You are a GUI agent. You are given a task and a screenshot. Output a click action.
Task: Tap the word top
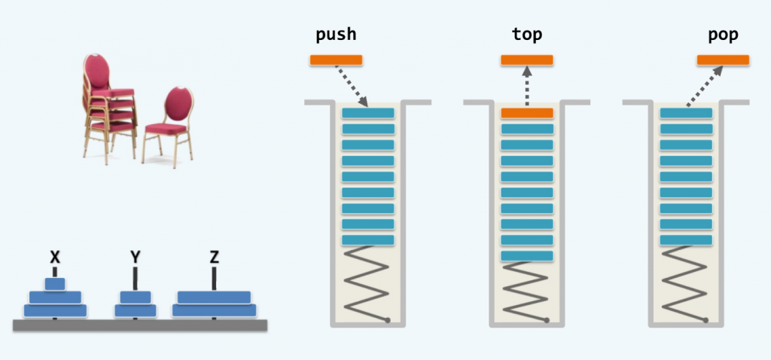pos(526,35)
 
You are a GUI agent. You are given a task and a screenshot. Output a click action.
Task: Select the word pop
pos(722,35)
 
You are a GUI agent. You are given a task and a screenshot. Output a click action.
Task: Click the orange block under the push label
pos(336,60)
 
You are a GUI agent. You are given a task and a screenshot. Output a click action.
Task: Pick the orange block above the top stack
pos(527,60)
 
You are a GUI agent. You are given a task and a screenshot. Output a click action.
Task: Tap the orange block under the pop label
pos(723,60)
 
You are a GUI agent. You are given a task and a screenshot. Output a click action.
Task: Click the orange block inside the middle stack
pos(527,113)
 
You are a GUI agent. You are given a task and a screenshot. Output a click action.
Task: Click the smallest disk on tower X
pos(54,284)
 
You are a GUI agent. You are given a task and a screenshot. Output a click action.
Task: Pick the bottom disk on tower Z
pos(215,310)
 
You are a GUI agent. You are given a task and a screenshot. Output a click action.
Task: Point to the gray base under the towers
pos(140,325)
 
